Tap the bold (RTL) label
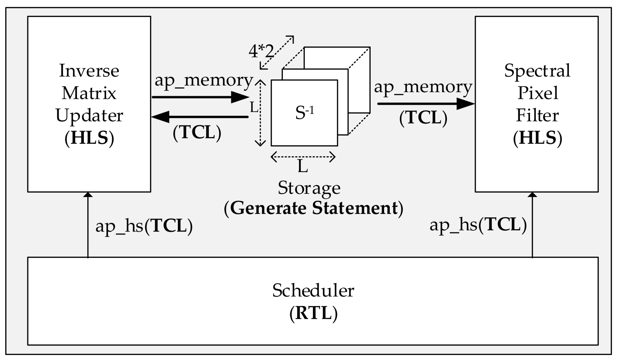(313, 313)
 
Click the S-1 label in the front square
(305, 112)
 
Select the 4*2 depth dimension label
(261, 51)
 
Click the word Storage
(309, 188)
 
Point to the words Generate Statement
(314, 208)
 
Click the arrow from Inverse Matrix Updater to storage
(200, 97)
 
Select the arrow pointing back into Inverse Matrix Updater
(200, 117)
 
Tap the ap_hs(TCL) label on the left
(144, 226)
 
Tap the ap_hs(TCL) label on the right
(478, 225)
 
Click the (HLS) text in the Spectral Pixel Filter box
(537, 138)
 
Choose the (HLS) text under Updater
(89, 138)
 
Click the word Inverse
(89, 71)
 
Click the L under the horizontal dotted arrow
(302, 167)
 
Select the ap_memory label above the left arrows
(204, 80)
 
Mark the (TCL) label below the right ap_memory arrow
(423, 118)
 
